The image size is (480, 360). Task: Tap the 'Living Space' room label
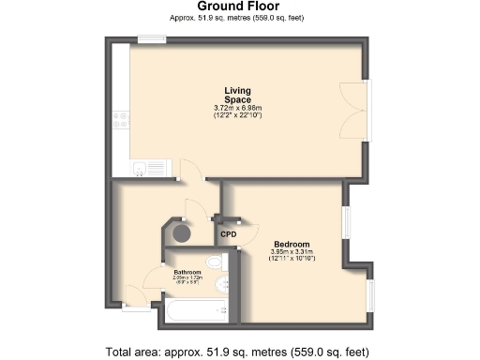coord(237,95)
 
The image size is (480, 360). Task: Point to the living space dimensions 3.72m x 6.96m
coord(237,109)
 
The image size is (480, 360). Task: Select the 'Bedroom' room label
coord(291,244)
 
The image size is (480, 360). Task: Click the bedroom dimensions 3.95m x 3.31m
coord(291,254)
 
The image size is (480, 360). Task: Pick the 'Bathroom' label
coord(188,272)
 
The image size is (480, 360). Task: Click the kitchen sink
coord(142,169)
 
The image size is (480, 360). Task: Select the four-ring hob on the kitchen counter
coord(121,120)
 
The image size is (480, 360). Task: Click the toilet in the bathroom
coord(215,262)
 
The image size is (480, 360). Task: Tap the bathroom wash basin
coord(221,285)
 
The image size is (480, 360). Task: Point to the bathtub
coord(196,310)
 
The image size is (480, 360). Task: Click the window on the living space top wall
coord(152,38)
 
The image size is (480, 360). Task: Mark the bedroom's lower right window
coord(369,294)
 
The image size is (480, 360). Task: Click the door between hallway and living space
coord(191,170)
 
